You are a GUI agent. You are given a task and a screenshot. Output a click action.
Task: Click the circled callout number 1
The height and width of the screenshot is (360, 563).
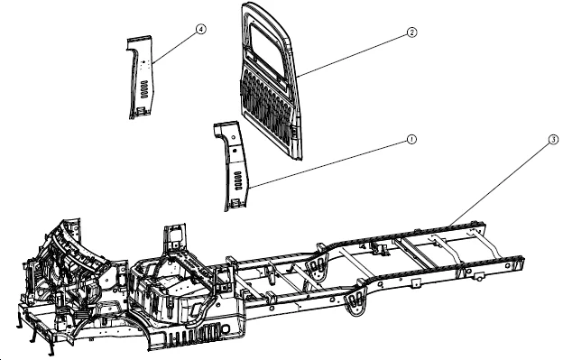click(411, 140)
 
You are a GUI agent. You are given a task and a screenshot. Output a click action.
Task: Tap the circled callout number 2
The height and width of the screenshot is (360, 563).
click(411, 32)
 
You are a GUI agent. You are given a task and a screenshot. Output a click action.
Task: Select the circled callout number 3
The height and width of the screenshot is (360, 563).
click(552, 141)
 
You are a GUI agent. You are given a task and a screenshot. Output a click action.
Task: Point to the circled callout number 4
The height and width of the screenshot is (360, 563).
click(200, 29)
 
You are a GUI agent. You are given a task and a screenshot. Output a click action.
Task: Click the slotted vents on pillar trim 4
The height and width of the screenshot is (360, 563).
click(143, 89)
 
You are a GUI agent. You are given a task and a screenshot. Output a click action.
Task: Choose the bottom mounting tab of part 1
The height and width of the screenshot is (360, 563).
click(234, 205)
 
